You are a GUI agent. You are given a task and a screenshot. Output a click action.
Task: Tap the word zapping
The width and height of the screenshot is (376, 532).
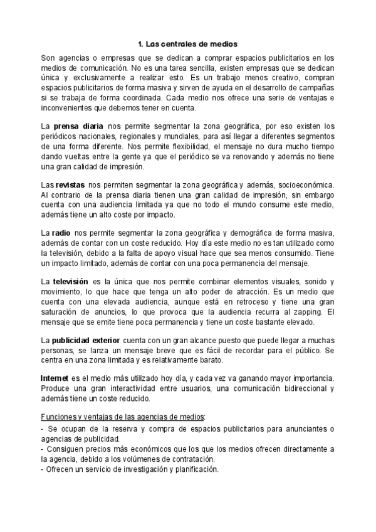point(308,312)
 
